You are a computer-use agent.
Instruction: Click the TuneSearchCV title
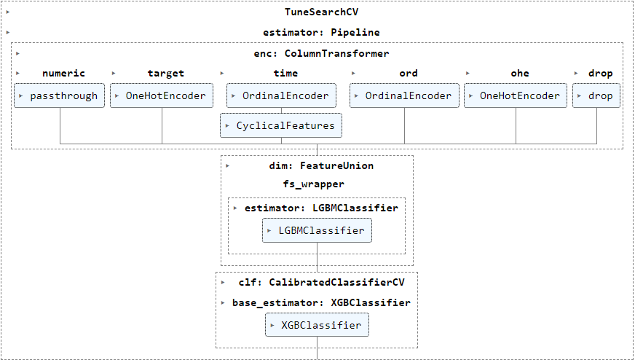click(x=321, y=12)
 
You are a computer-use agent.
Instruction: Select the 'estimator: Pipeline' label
click(x=321, y=33)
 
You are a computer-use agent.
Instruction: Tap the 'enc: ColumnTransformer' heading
click(x=321, y=53)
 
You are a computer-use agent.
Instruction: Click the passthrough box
click(x=59, y=95)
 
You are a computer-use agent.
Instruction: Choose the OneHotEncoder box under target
click(x=162, y=95)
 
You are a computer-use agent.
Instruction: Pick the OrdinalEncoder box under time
click(x=281, y=95)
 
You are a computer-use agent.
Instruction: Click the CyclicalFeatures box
click(x=281, y=125)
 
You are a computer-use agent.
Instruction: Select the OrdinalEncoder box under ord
click(x=404, y=95)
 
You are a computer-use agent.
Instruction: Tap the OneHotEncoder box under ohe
click(x=516, y=95)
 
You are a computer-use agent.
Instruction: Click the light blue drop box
click(x=596, y=95)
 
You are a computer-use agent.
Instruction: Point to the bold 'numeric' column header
click(x=63, y=74)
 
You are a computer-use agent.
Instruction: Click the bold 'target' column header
click(x=165, y=74)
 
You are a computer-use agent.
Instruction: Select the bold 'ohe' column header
click(x=520, y=74)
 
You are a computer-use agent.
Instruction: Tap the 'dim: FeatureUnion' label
click(x=321, y=166)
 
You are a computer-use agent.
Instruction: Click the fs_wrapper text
click(x=313, y=184)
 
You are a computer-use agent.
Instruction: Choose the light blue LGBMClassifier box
click(x=317, y=230)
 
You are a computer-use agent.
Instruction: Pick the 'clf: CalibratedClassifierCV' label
click(x=321, y=282)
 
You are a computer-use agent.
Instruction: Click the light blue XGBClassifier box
click(x=317, y=325)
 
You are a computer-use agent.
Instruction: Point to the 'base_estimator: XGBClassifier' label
click(x=321, y=303)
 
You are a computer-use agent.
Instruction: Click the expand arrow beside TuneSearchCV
click(x=8, y=12)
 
